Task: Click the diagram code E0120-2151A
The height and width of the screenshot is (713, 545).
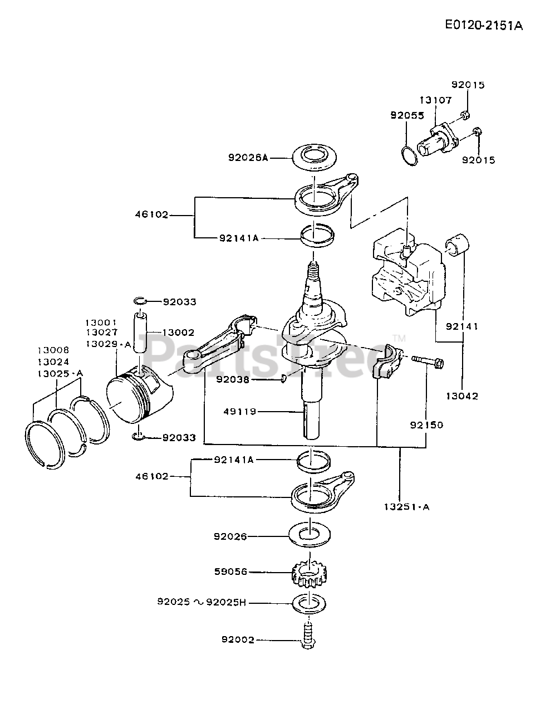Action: (484, 25)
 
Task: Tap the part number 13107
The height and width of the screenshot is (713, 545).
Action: (436, 100)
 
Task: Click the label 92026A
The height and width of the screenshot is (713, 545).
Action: (248, 158)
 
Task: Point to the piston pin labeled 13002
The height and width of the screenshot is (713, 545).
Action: (140, 333)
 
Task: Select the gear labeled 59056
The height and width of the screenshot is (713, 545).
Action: (310, 575)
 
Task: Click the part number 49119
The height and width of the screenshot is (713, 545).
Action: (240, 412)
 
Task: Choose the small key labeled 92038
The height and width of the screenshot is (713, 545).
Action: (283, 379)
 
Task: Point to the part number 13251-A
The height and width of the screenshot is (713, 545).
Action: (407, 507)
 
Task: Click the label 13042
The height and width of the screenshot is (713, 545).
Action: (462, 396)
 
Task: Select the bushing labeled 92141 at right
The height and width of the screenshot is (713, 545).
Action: (457, 245)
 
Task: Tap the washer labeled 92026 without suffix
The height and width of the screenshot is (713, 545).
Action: (310, 535)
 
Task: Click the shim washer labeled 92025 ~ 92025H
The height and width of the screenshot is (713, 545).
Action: (310, 604)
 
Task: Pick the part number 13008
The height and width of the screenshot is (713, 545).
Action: (53, 350)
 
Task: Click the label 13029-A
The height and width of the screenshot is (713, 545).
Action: (109, 344)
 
